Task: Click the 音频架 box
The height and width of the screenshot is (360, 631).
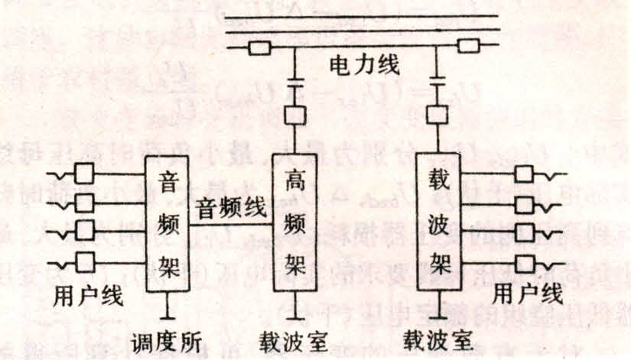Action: pyautogui.click(x=168, y=225)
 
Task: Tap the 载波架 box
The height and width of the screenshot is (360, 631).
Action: pyautogui.click(x=437, y=221)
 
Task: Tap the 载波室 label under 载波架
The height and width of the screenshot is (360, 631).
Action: pyautogui.click(x=438, y=339)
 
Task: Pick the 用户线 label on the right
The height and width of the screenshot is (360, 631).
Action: pyautogui.click(x=528, y=293)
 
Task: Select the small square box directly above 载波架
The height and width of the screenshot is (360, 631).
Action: pyautogui.click(x=437, y=115)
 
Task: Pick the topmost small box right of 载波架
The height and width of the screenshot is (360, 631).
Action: pyautogui.click(x=525, y=174)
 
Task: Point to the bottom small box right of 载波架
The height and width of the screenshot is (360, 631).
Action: pyautogui.click(x=525, y=264)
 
